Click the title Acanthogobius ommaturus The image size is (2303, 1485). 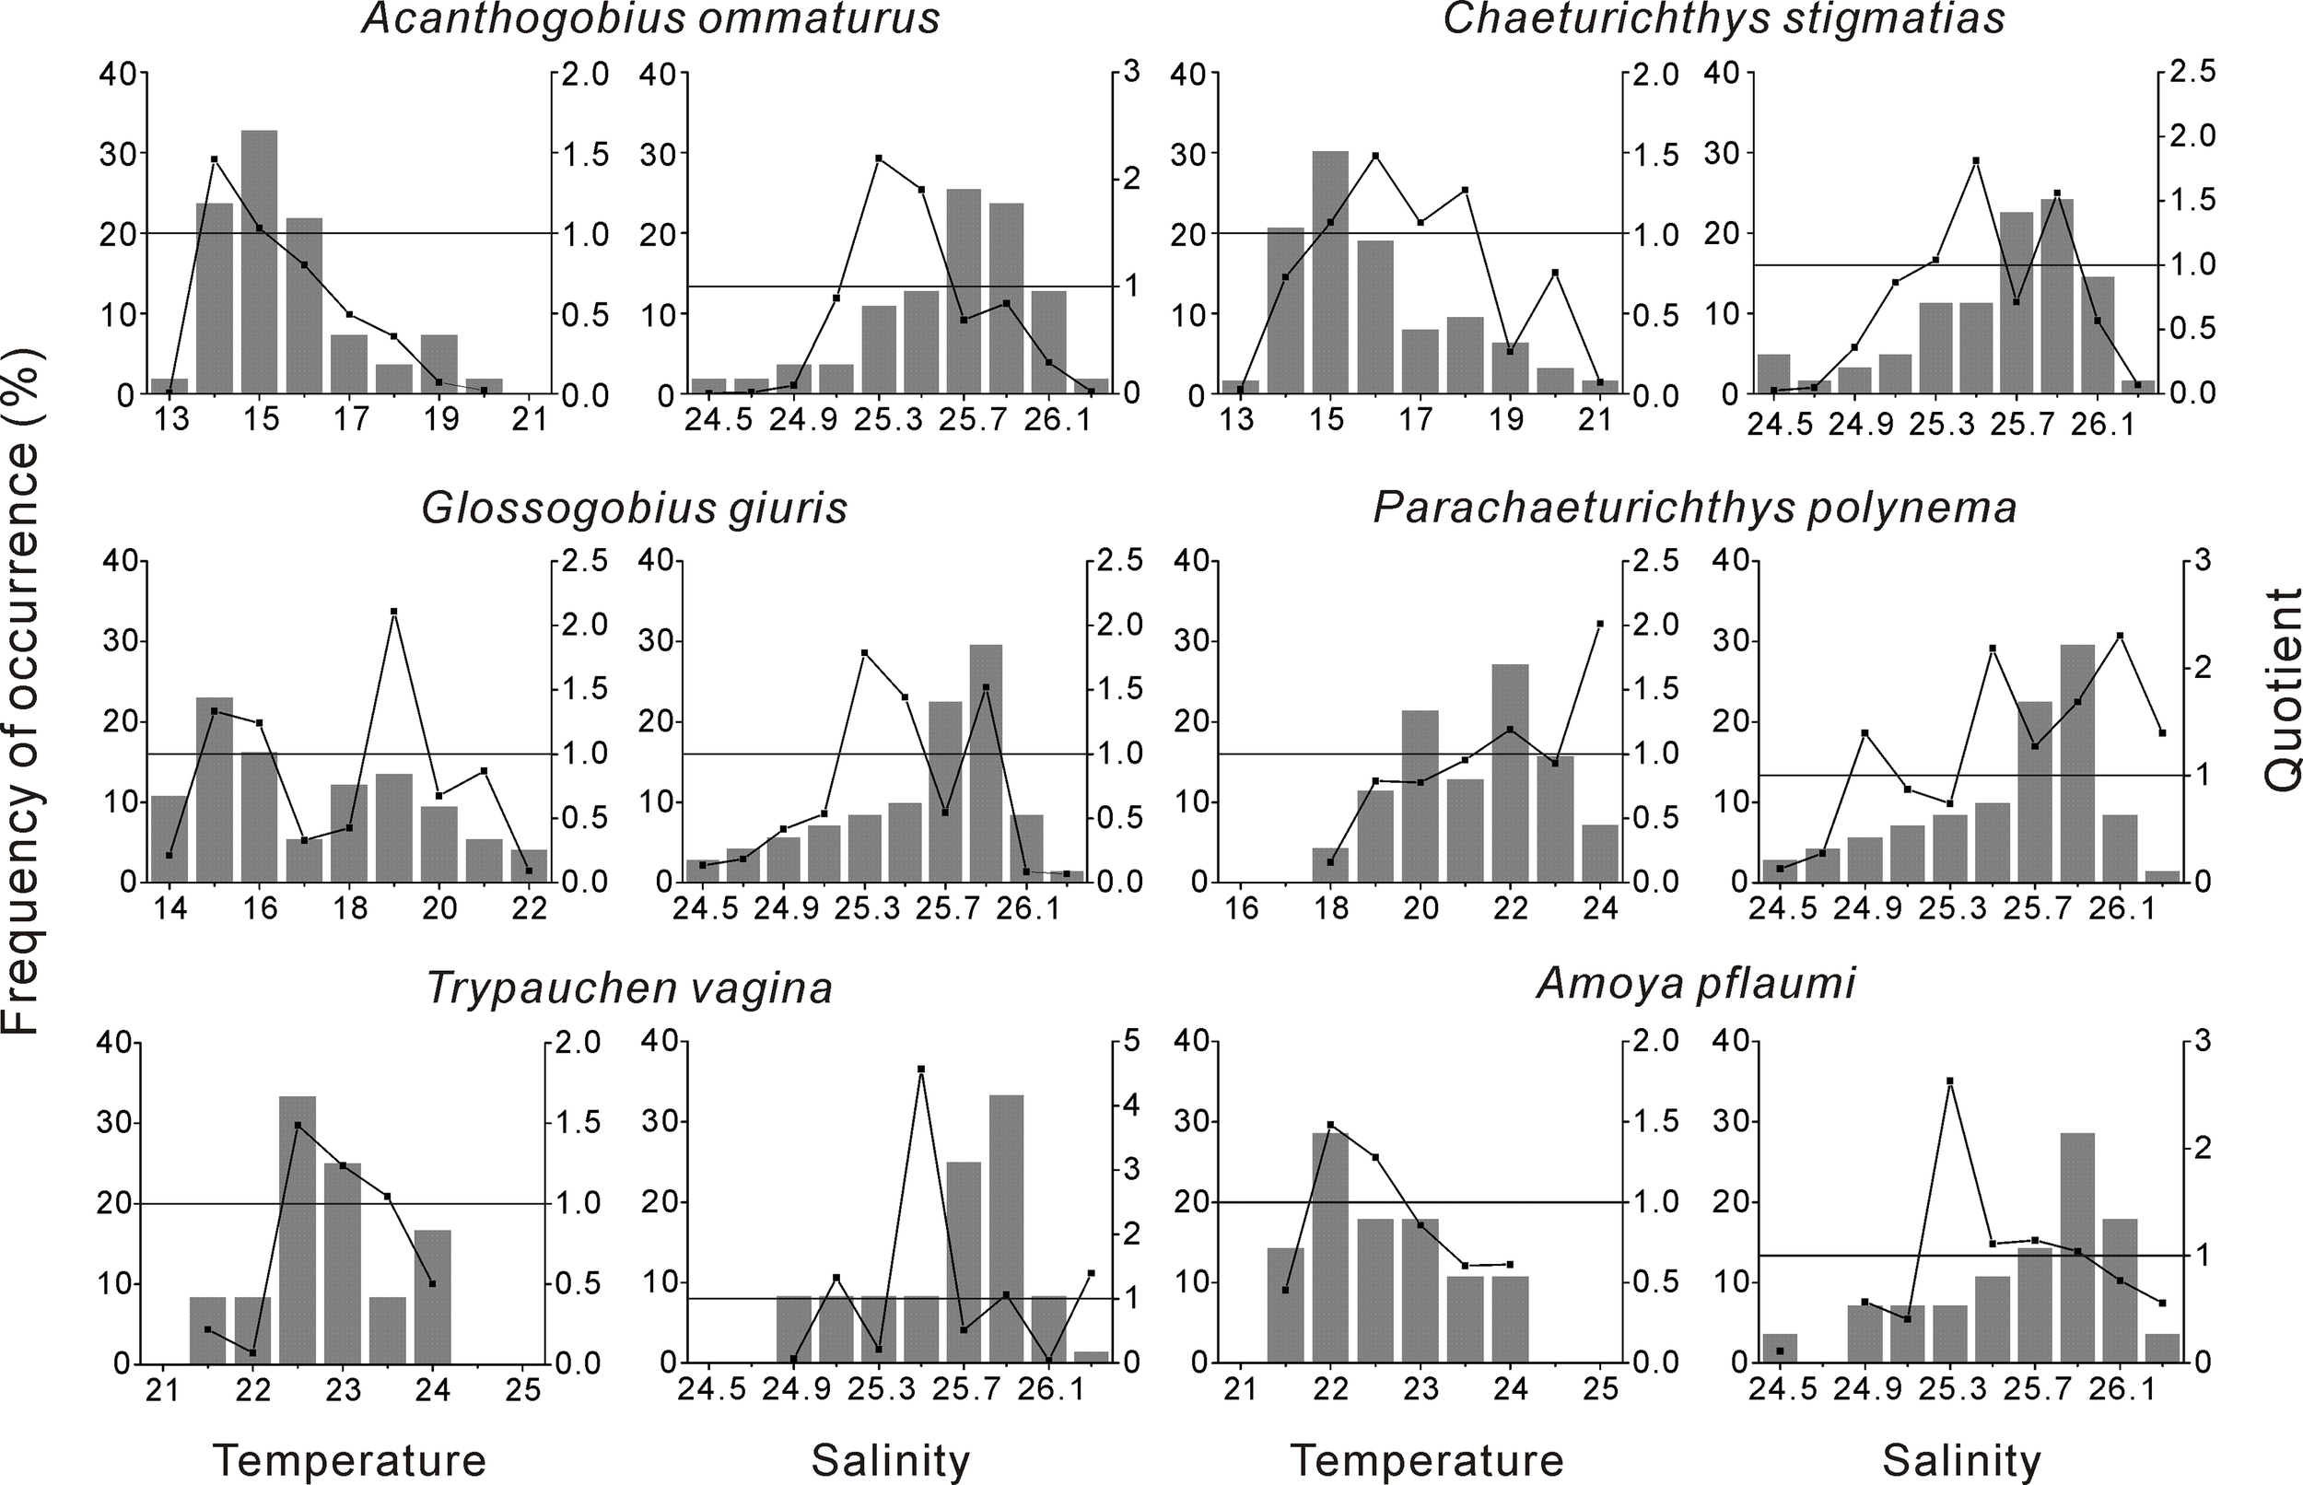click(650, 19)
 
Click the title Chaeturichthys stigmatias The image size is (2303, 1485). click(1724, 19)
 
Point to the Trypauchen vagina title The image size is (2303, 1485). click(629, 988)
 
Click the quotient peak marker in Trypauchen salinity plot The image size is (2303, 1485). click(920, 1070)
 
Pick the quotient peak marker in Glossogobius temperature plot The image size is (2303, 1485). click(394, 612)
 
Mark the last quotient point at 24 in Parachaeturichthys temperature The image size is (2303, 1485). click(1600, 624)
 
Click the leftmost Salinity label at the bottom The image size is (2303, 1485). click(890, 1461)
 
